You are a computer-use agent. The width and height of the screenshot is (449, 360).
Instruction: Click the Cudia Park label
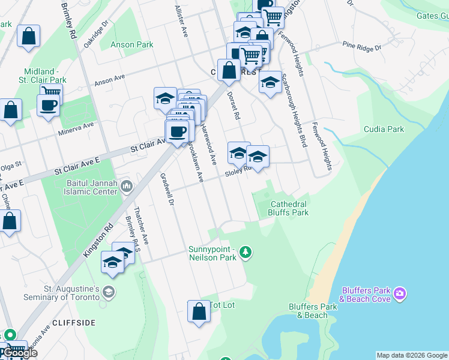coord(384,129)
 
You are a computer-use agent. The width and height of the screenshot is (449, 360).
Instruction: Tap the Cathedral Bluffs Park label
coord(289,208)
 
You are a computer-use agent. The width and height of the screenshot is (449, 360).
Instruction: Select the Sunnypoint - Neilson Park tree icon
coord(245,252)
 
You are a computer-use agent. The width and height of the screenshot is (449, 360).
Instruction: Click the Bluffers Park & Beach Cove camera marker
coord(400,294)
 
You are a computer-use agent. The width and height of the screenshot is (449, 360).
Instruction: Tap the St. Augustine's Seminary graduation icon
coord(108,292)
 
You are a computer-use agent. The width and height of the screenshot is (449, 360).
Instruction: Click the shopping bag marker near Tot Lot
coord(199,312)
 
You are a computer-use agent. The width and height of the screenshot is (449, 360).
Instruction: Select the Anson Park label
coord(132,45)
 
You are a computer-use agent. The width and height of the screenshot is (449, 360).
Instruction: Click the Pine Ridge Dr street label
coord(358,46)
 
